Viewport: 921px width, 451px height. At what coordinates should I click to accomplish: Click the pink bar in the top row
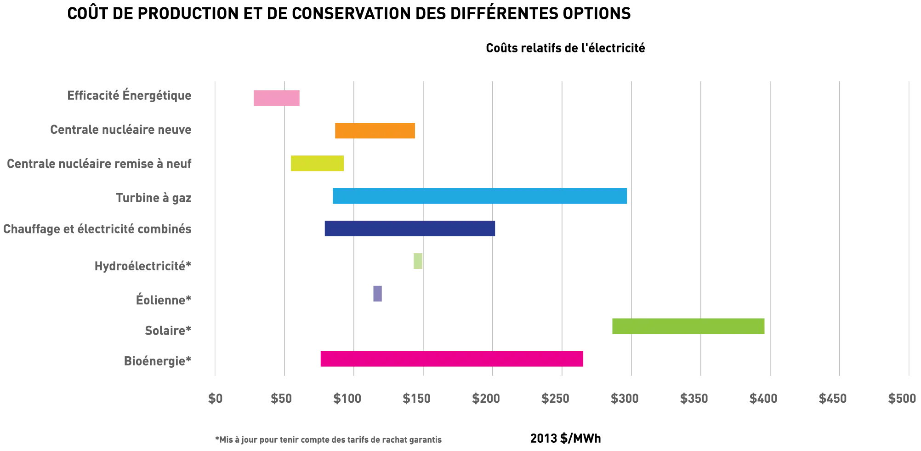pyautogui.click(x=277, y=97)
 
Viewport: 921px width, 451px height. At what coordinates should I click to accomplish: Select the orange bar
pyautogui.click(x=375, y=131)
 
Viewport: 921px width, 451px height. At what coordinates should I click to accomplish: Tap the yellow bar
pyautogui.click(x=318, y=164)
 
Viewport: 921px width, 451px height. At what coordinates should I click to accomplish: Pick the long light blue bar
pyautogui.click(x=479, y=196)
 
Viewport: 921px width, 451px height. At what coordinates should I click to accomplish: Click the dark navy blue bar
pyautogui.click(x=409, y=229)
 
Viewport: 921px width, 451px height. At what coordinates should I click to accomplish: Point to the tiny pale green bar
pyautogui.click(x=417, y=262)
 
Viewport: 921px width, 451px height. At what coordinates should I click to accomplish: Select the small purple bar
pyautogui.click(x=377, y=292)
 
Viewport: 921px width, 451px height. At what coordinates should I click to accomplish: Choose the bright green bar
pyautogui.click(x=688, y=326)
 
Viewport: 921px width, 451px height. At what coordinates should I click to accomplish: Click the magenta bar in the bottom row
pyautogui.click(x=452, y=359)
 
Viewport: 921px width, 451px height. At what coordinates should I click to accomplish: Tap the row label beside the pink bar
pyautogui.click(x=129, y=97)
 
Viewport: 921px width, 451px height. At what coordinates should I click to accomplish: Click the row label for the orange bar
pyautogui.click(x=119, y=130)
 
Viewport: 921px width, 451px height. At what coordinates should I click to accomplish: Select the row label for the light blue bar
pyautogui.click(x=153, y=197)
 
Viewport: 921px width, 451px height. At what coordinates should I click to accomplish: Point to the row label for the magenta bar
pyautogui.click(x=156, y=360)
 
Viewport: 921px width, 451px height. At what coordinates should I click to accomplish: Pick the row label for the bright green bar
pyautogui.click(x=167, y=331)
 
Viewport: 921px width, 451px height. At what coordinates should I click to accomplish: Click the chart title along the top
pyautogui.click(x=349, y=14)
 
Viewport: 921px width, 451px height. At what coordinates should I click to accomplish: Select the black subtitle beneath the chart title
pyautogui.click(x=566, y=48)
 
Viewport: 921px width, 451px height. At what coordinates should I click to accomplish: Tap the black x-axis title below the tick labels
pyautogui.click(x=566, y=438)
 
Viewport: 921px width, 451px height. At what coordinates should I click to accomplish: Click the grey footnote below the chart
pyautogui.click(x=329, y=440)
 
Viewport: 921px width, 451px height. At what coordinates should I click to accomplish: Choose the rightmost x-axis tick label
pyautogui.click(x=902, y=398)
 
